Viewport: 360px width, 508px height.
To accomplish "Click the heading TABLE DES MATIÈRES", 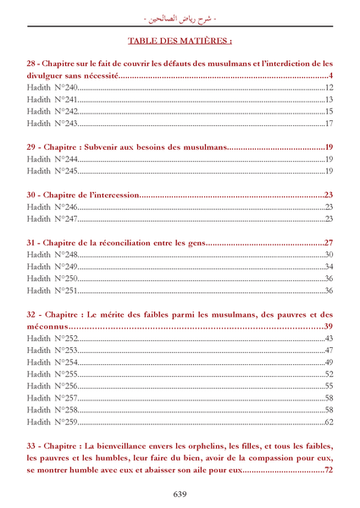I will [180, 40].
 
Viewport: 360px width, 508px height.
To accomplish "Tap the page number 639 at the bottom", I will [180, 494].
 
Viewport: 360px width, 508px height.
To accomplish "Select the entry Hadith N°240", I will [53, 88].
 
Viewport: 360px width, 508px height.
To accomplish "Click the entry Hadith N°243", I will [53, 124].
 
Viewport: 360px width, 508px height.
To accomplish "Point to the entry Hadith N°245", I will [53, 171].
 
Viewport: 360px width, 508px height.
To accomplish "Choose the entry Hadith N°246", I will [53, 207].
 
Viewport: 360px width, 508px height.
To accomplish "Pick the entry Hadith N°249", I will [53, 267].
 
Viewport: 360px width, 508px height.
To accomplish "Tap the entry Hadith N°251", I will [53, 290].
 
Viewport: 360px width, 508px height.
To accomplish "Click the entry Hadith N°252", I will [53, 339].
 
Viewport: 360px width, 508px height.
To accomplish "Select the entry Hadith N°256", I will [53, 386].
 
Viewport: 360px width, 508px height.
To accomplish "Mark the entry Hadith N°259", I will [53, 422].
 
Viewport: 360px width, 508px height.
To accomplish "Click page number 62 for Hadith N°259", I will [329, 422].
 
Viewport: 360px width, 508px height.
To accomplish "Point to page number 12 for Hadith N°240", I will [329, 88].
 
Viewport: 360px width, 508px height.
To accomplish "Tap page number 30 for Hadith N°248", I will [329, 255].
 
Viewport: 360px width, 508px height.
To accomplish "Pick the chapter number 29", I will [33, 147].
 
